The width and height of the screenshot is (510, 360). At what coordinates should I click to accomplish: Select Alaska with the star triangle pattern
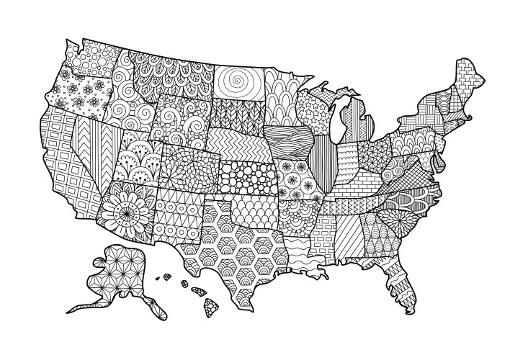(x=122, y=274)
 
